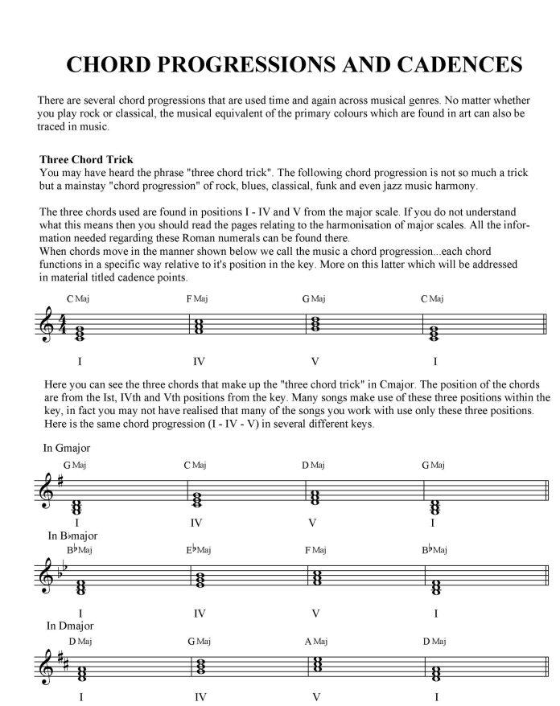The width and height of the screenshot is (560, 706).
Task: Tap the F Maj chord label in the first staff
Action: pyautogui.click(x=197, y=299)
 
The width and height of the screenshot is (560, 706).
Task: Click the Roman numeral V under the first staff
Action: pyautogui.click(x=315, y=361)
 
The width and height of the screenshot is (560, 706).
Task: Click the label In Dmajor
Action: pyautogui.click(x=70, y=625)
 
